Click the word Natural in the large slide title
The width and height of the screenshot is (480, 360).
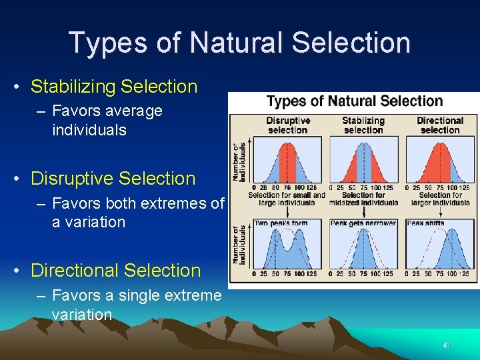pos(243,42)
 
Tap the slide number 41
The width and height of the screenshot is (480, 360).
pos(447,345)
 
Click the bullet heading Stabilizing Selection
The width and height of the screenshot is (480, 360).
pos(114,87)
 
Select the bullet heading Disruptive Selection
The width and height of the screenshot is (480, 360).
pos(113,179)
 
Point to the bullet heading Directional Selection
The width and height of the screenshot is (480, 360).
pos(115,271)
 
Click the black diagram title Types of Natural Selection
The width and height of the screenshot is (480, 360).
pos(354,101)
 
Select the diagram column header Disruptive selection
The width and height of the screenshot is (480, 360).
pos(288,125)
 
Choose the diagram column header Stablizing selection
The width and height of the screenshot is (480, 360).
pos(363,125)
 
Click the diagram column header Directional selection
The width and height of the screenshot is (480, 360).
pos(439,125)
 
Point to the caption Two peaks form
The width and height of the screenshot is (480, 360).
pos(280,223)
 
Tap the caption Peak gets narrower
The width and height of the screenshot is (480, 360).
pos(363,223)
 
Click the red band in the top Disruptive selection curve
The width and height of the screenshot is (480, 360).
pos(287,163)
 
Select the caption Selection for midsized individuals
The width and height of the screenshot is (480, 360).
pos(363,199)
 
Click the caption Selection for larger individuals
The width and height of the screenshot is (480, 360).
pos(439,199)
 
